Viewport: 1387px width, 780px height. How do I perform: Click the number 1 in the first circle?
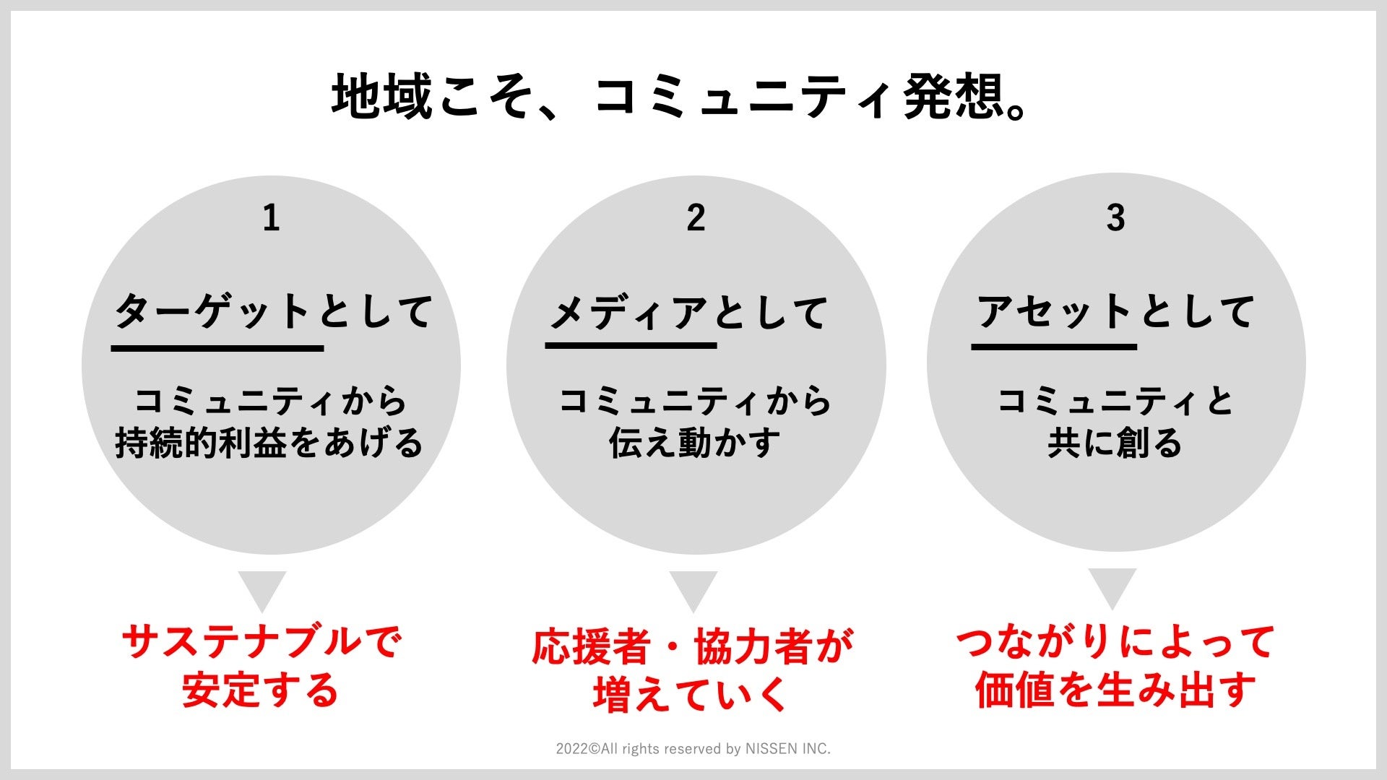(271, 217)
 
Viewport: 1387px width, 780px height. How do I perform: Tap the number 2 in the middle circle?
(696, 217)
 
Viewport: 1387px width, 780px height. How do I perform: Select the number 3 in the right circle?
(1115, 217)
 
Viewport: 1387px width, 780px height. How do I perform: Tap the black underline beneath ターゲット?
(217, 348)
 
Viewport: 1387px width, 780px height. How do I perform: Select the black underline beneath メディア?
(631, 345)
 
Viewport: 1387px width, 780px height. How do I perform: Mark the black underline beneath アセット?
(1054, 347)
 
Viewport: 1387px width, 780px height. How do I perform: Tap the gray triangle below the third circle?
(1112, 586)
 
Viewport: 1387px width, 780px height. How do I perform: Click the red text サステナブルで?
(261, 642)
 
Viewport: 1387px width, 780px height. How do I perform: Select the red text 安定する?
(261, 690)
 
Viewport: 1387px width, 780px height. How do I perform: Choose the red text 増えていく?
(690, 694)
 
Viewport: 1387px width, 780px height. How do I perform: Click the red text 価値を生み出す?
(1115, 690)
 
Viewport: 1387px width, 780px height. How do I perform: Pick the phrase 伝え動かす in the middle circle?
(695, 443)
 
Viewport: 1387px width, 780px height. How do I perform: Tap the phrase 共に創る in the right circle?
(1115, 443)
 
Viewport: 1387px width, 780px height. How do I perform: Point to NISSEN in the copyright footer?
(772, 749)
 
